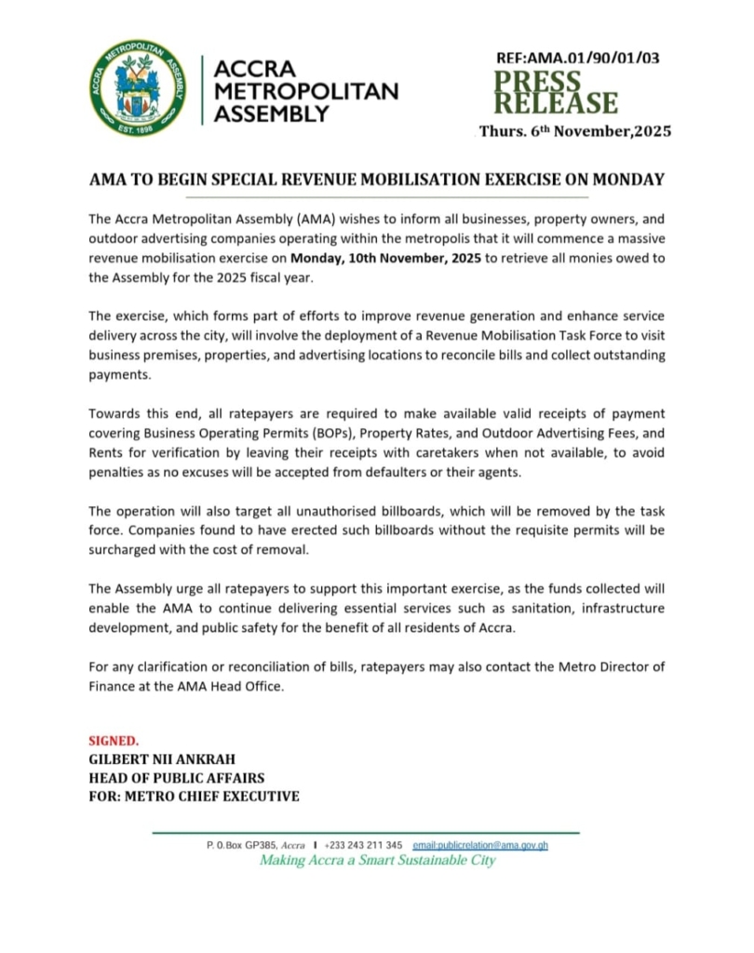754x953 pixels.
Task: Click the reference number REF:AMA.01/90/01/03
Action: click(x=578, y=58)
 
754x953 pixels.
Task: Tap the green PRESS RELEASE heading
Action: click(x=555, y=92)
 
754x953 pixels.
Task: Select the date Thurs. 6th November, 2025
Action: click(x=575, y=132)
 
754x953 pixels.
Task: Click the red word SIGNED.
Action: click(x=114, y=742)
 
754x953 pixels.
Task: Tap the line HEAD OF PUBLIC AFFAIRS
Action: click(x=177, y=778)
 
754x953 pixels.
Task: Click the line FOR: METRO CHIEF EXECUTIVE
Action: click(x=194, y=797)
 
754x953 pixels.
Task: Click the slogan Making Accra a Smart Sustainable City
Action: click(x=377, y=861)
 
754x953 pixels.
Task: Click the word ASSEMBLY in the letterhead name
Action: click(x=272, y=114)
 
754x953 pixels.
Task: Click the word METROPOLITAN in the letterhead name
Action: click(x=306, y=91)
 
